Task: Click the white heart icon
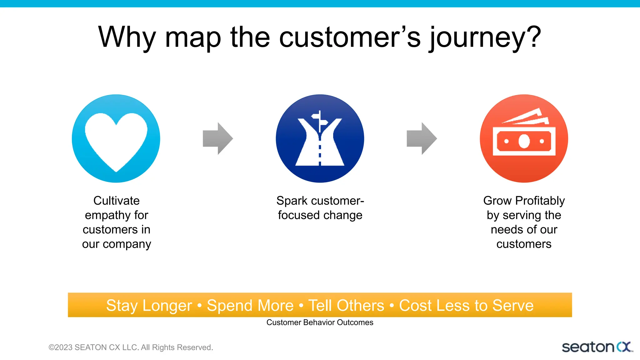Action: pos(116,141)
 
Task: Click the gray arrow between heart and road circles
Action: pos(218,138)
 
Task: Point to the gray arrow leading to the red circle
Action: pos(422,138)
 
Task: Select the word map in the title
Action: pos(193,38)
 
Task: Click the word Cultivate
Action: pos(116,201)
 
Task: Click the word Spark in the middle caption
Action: pos(291,201)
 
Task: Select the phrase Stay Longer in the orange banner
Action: pos(149,306)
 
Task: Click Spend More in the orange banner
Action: pos(250,306)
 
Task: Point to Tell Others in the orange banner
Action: pos(346,306)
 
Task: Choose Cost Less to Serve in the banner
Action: pos(466,306)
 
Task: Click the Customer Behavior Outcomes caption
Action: pos(320,322)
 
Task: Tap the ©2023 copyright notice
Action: pos(131,347)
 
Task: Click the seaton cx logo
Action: pos(597,347)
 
